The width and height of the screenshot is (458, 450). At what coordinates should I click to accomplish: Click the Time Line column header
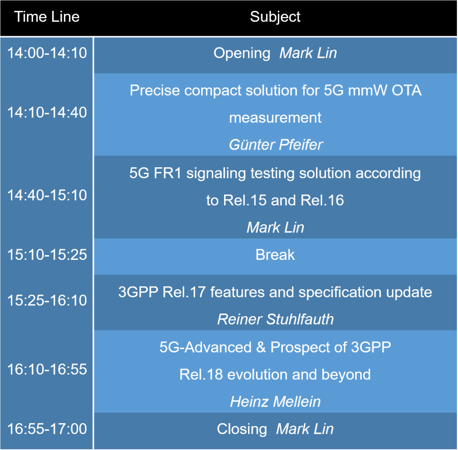tap(47, 17)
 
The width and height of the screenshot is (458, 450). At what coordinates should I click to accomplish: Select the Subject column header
tap(275, 17)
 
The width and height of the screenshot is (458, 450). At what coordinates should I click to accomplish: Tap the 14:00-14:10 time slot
tap(47, 53)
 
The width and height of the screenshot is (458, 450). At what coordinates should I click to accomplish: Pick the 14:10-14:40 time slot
tap(47, 112)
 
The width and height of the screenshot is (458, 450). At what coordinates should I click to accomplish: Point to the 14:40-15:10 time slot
tap(47, 195)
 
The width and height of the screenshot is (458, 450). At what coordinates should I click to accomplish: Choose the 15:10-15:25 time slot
tap(47, 255)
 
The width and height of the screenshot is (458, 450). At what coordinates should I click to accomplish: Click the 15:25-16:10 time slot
tap(47, 300)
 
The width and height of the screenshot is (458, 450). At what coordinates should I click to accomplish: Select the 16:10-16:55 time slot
tap(47, 369)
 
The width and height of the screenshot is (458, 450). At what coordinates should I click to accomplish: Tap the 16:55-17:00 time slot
tap(47, 429)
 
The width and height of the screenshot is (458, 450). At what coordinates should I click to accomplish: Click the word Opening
tap(242, 53)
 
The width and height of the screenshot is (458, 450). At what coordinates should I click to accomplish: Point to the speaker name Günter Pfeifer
tap(276, 145)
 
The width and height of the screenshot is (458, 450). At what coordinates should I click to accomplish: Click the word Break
tap(275, 255)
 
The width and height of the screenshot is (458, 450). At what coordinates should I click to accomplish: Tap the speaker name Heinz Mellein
tap(275, 402)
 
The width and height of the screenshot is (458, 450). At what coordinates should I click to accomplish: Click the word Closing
tap(242, 429)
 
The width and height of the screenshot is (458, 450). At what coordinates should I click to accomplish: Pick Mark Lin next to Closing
tap(305, 429)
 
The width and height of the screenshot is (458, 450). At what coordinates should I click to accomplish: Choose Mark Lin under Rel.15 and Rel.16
tap(275, 228)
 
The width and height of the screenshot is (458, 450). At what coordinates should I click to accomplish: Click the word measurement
tap(275, 118)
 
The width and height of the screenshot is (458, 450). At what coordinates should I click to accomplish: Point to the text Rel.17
tap(184, 292)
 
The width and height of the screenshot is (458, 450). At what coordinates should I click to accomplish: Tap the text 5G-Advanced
tap(205, 347)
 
